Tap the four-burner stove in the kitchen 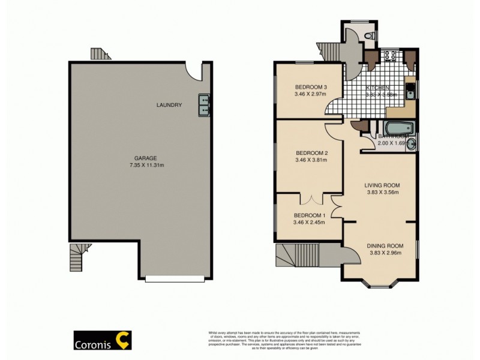pos(389,57)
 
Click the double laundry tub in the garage pos(204,105)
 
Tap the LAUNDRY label pos(169,106)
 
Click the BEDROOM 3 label pos(310,86)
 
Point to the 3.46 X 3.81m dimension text pos(310,160)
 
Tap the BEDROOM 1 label pos(310,215)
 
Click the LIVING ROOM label pos(382,185)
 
